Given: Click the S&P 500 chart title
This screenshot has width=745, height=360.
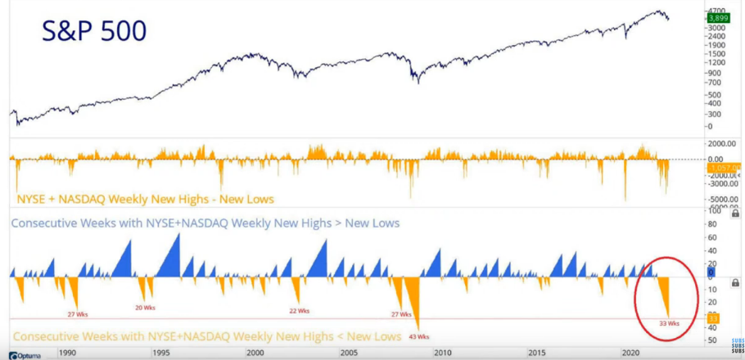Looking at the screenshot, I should coord(94,31).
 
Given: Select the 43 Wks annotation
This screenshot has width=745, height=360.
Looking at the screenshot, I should coord(418,337).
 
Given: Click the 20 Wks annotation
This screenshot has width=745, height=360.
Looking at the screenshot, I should coord(144,308).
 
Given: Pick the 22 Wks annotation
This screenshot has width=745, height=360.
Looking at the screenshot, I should coord(299,311).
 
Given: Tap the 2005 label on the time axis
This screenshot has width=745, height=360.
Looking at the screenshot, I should coord(348,353).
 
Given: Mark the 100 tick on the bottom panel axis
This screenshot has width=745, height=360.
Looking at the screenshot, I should coord(713,211).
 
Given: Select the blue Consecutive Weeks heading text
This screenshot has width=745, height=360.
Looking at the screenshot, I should coord(204,223).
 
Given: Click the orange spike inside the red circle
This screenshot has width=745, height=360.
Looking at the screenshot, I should coord(665,295).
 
